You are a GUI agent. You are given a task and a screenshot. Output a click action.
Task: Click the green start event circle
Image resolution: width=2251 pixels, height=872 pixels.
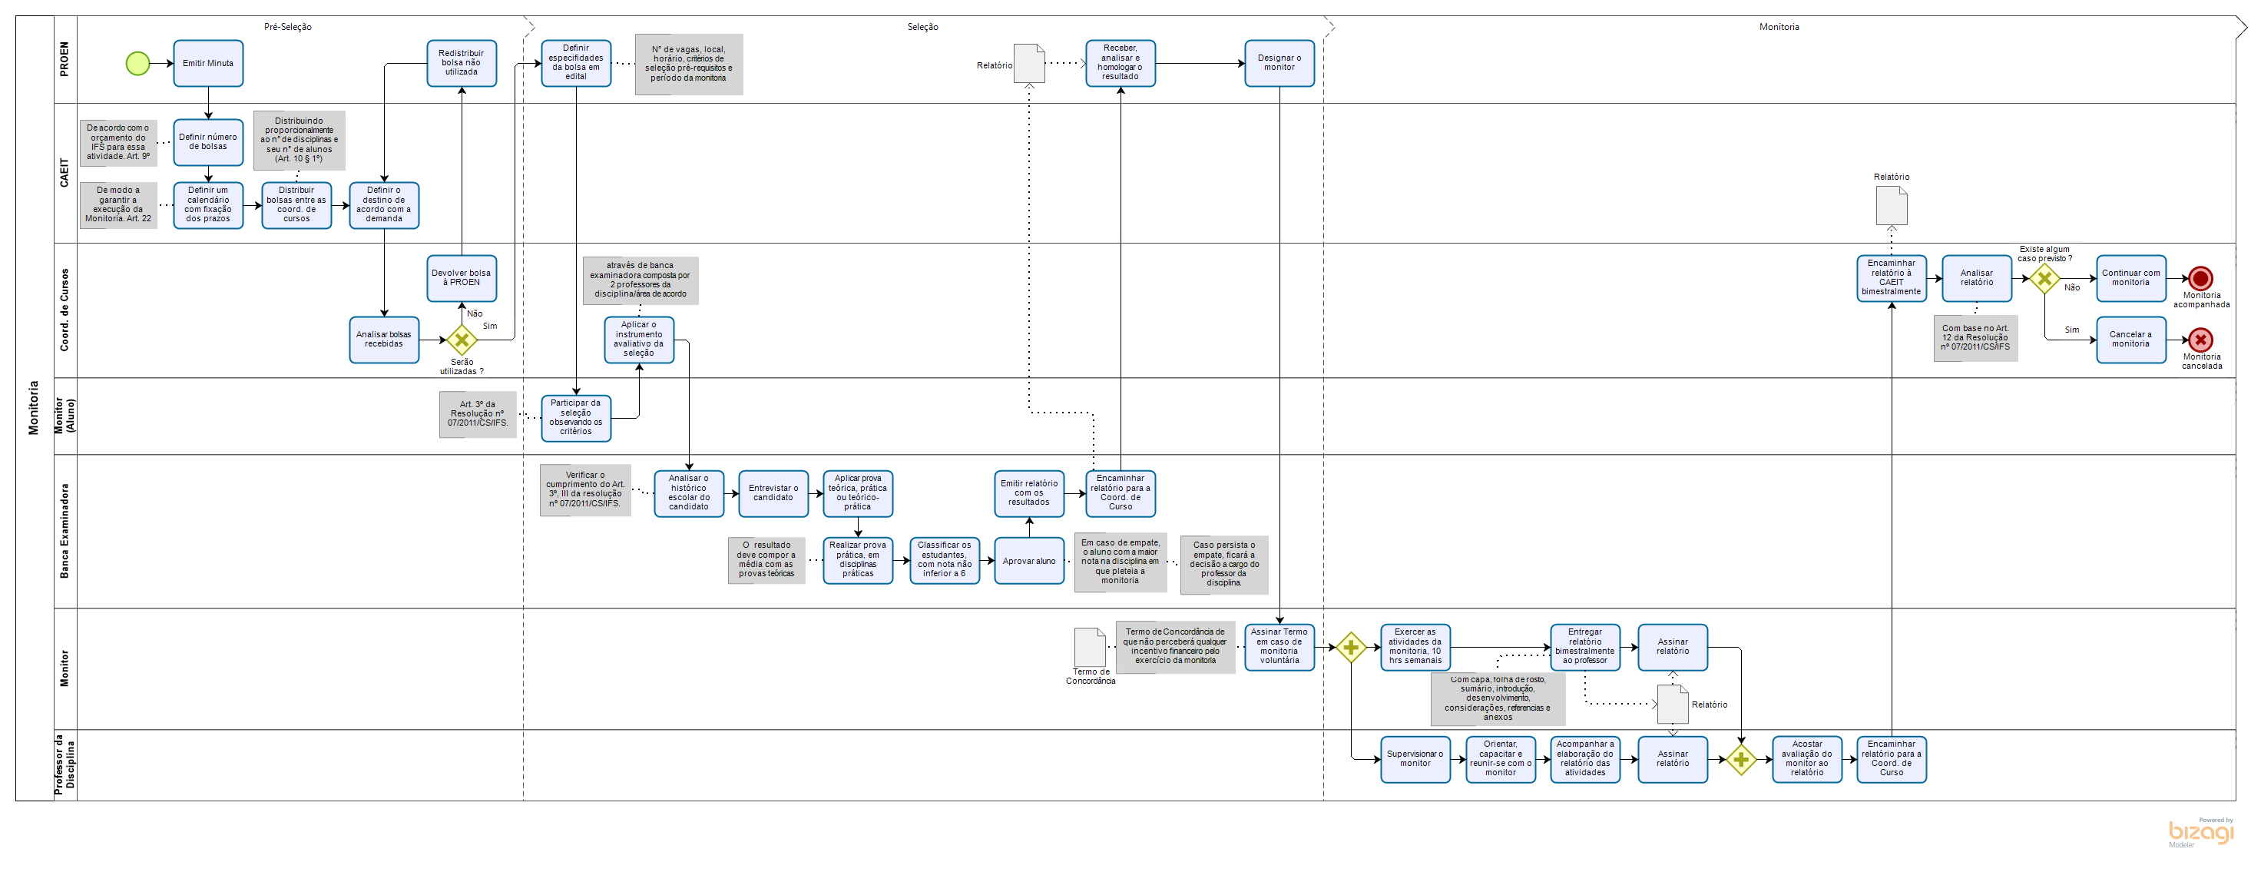(137, 63)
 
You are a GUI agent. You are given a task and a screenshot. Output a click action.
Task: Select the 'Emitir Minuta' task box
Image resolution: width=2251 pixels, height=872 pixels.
(208, 63)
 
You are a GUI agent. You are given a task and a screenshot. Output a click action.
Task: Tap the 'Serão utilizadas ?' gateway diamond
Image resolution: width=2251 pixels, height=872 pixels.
(462, 340)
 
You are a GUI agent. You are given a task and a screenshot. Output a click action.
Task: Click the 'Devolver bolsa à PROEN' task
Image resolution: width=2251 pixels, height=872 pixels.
(462, 278)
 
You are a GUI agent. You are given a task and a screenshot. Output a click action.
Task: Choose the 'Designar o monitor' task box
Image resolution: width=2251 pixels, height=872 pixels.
(1279, 63)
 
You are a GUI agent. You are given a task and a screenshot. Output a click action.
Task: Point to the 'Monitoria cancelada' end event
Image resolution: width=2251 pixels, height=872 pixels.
(2200, 340)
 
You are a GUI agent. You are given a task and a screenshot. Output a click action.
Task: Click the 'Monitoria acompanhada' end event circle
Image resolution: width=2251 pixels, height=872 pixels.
(2200, 279)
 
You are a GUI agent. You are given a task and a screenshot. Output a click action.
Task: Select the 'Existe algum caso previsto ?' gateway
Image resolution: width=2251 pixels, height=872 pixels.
(2044, 279)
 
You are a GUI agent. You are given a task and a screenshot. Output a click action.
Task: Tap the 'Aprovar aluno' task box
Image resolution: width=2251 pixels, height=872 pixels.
(1028, 561)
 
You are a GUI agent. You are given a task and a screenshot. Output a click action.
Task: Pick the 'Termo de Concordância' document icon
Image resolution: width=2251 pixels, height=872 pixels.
(1089, 648)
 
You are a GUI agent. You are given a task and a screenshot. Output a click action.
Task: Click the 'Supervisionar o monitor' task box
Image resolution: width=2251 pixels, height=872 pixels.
(1415, 759)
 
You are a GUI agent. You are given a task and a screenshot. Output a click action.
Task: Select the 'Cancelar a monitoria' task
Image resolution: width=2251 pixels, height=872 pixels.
(2130, 340)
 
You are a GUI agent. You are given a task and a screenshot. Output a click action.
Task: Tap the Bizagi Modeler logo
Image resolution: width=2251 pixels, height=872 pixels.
(2200, 832)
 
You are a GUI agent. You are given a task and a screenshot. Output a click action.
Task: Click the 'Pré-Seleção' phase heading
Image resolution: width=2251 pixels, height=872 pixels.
(287, 27)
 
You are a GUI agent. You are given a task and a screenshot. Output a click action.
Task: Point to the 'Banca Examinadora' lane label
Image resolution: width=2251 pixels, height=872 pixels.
(65, 530)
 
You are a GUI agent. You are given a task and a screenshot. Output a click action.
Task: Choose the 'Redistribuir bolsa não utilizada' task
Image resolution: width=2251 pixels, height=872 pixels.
(462, 63)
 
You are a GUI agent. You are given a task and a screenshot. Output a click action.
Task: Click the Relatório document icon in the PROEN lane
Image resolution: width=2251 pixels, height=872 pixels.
(1028, 64)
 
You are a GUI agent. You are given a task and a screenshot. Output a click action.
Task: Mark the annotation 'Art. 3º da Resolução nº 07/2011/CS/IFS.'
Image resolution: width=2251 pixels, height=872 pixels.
(477, 414)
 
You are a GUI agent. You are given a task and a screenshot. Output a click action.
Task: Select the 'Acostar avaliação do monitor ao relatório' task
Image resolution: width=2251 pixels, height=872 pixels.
(1806, 759)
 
